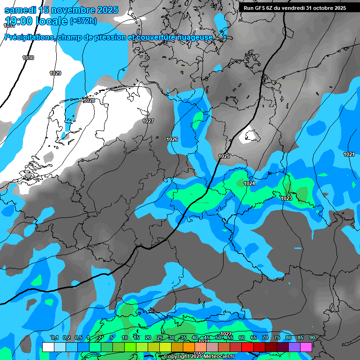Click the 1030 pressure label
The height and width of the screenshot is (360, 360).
(x=28, y=58)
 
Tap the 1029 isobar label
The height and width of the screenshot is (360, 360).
(x=55, y=73)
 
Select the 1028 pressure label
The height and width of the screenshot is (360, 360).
(x=89, y=100)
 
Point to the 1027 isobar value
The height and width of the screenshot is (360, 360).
(x=148, y=121)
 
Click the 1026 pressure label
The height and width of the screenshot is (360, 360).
(x=172, y=139)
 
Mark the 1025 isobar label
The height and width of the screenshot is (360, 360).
(x=224, y=156)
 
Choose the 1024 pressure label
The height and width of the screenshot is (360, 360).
(x=249, y=183)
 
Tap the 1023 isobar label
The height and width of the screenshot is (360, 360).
(x=286, y=198)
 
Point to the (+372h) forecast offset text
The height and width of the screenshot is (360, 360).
(x=83, y=21)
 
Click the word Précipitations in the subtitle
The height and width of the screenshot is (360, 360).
(x=29, y=37)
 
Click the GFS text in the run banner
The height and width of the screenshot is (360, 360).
(x=260, y=7)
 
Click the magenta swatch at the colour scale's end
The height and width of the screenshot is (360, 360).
(x=306, y=347)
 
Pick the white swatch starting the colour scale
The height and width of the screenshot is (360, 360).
(x=48, y=347)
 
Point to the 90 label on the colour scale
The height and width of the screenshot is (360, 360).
(x=312, y=337)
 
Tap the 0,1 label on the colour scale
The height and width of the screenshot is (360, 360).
(x=54, y=337)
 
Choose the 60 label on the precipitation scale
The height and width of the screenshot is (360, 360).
(x=241, y=337)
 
